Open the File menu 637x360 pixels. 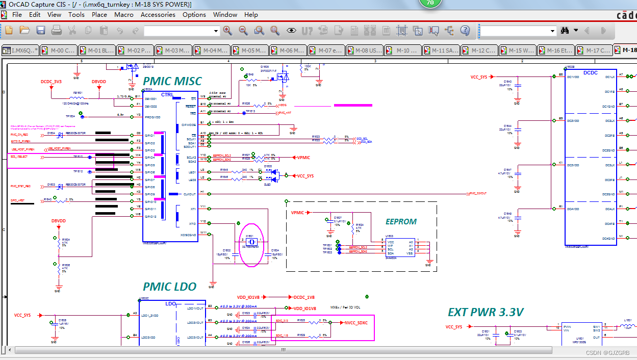(17, 15)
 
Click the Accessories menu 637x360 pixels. (158, 15)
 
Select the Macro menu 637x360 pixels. (124, 15)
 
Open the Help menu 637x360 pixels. (251, 15)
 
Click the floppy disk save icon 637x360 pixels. (41, 31)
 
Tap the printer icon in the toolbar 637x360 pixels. (57, 31)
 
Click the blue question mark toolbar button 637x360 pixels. (465, 31)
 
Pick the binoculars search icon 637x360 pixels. (565, 31)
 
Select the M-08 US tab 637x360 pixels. (365, 50)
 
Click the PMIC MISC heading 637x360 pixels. (172, 81)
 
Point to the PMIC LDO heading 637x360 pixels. (169, 287)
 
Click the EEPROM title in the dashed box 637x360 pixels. (401, 222)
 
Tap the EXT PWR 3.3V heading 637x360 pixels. (486, 312)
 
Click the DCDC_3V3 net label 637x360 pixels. (51, 82)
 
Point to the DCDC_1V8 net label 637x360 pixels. (304, 297)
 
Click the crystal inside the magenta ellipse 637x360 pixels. (250, 242)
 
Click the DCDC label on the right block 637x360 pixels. (590, 73)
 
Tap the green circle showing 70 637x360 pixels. (430, 3)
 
